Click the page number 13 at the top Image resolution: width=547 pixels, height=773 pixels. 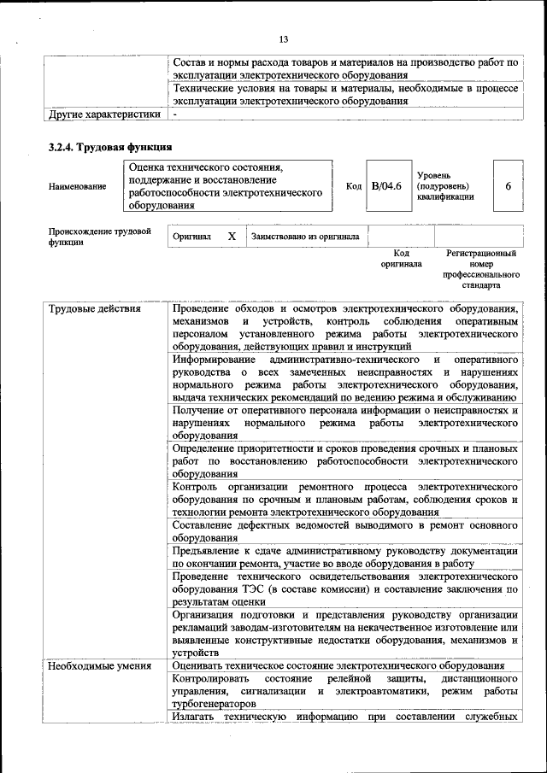point(283,39)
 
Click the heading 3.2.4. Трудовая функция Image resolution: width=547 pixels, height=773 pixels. point(111,147)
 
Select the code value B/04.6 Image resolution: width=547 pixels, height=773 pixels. point(386,185)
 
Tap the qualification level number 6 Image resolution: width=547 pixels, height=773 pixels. point(509,185)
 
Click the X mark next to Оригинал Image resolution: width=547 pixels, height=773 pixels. point(232,236)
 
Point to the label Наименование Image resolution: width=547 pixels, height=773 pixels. point(78,186)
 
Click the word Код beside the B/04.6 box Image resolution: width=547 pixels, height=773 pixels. point(353,185)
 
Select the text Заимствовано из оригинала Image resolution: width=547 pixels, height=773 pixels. point(305,237)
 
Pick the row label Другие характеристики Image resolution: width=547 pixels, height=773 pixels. point(104,113)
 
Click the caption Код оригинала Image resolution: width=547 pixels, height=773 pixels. point(401,259)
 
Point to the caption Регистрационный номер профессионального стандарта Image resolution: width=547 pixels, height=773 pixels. point(480,270)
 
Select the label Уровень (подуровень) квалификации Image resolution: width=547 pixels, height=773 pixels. point(445,185)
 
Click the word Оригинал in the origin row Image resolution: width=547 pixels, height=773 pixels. point(191,237)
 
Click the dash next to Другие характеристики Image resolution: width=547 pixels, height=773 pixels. point(174,113)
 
